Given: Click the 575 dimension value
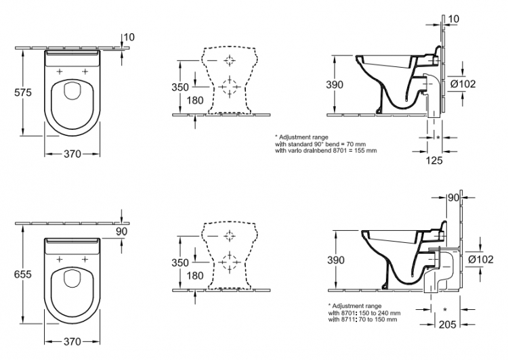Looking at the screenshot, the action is click(x=23, y=93).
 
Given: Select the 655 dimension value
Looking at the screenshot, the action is click(x=23, y=274).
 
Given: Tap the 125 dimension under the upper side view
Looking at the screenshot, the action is click(x=433, y=160).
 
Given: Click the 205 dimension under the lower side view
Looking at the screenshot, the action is click(x=448, y=324).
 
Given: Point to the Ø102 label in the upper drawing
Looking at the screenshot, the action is click(x=463, y=84).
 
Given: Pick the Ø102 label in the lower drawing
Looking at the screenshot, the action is click(x=481, y=259).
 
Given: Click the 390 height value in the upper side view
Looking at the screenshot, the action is click(x=335, y=85).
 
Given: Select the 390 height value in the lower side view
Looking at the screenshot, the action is click(x=336, y=260).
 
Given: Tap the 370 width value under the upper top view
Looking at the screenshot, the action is click(x=72, y=154).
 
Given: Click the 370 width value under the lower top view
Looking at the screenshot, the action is click(x=72, y=341).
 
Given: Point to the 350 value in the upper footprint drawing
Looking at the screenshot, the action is click(x=180, y=87).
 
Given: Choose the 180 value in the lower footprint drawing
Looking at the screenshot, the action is click(x=195, y=276).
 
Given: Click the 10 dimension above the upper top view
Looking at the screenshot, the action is click(x=129, y=37).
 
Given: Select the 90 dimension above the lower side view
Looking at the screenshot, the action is click(x=453, y=197).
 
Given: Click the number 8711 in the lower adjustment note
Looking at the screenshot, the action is click(x=348, y=319).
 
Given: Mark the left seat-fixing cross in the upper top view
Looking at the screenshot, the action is click(x=60, y=71).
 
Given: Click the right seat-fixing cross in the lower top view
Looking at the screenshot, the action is click(x=85, y=259).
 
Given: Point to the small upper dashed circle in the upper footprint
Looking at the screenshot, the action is click(x=230, y=60).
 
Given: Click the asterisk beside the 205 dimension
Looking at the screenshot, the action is click(x=445, y=310).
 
